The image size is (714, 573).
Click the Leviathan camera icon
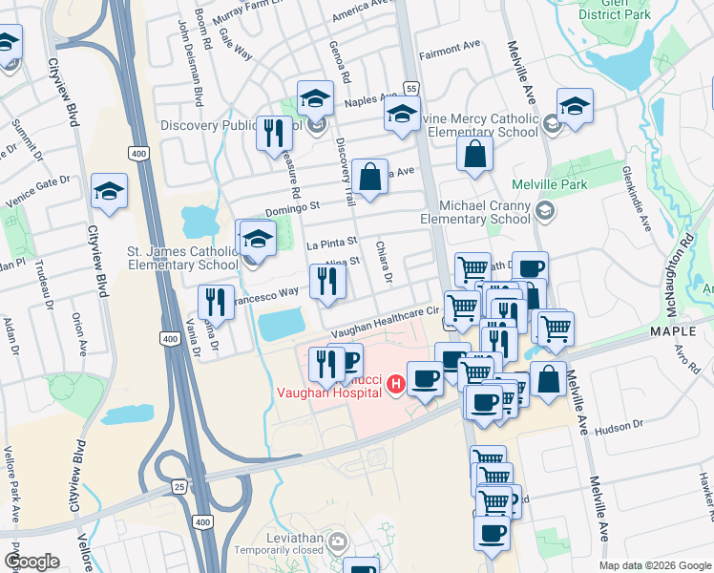336,543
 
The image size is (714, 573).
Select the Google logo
31,562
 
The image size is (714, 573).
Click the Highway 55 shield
411,88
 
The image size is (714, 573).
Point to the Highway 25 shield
178,487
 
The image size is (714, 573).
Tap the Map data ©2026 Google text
654,565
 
